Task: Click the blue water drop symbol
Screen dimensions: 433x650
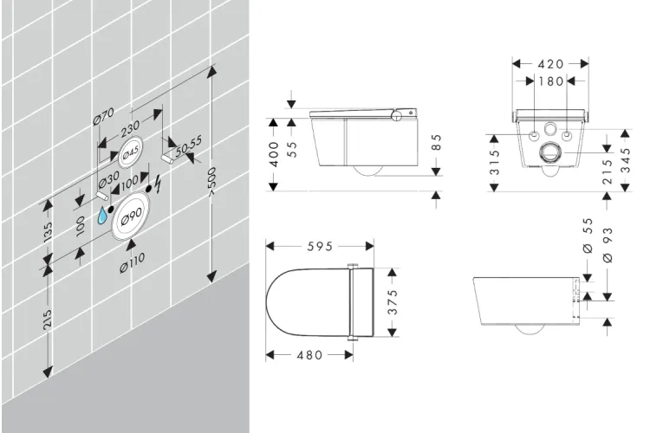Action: point(105,215)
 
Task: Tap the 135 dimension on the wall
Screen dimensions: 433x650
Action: point(49,233)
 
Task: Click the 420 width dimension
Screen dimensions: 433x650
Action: point(550,64)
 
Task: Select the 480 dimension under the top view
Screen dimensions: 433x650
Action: point(309,354)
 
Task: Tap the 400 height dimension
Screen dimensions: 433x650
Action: point(274,156)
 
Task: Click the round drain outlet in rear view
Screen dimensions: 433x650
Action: point(550,156)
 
